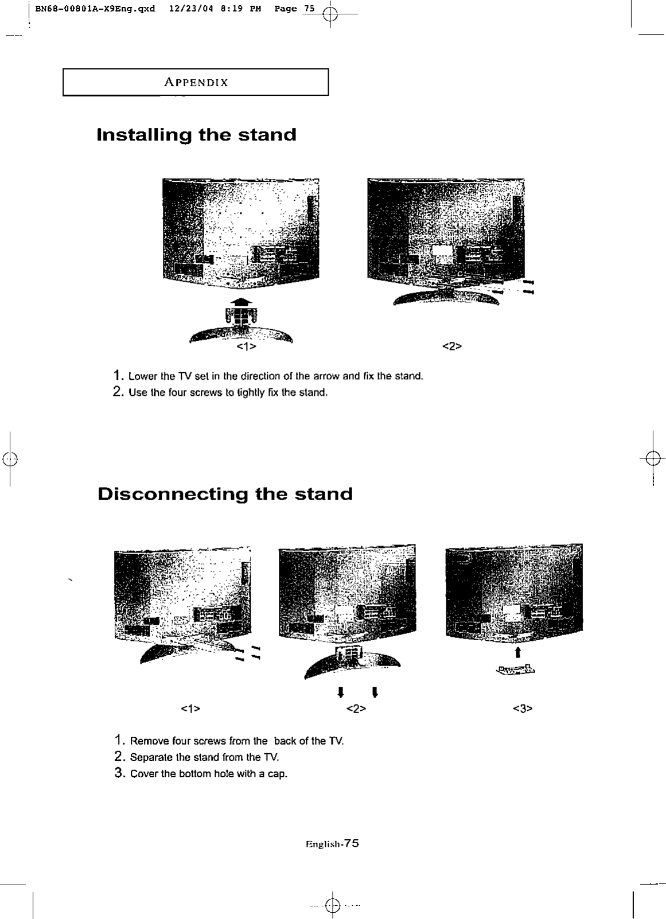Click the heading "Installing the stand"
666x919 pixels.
coord(197,135)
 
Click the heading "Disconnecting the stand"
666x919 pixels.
coord(225,494)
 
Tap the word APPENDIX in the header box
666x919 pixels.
coord(196,83)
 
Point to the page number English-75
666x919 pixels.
coord(333,844)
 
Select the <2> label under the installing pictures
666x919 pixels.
coord(452,346)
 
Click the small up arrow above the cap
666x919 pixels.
coord(518,652)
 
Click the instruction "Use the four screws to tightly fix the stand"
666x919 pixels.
coord(228,393)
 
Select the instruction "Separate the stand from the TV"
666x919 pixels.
coord(204,758)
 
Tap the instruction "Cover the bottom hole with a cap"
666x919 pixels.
coord(208,774)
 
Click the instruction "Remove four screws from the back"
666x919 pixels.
coord(236,741)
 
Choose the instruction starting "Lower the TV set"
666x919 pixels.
coord(275,377)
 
